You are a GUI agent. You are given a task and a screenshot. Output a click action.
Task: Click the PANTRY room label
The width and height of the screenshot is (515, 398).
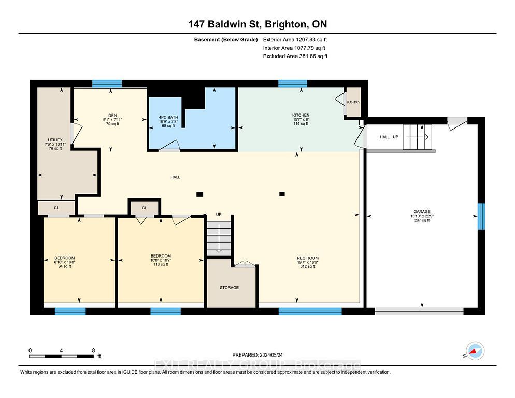353,102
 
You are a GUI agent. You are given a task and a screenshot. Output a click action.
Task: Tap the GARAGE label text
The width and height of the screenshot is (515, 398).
422,211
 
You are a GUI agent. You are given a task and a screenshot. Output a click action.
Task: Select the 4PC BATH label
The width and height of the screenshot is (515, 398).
168,117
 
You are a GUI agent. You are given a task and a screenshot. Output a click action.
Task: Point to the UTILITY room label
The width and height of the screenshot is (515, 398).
55,140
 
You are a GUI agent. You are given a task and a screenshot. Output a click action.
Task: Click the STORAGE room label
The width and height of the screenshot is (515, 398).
229,288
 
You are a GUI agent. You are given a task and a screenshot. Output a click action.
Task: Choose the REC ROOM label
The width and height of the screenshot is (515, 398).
308,258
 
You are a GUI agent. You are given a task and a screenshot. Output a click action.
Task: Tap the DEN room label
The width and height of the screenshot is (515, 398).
112,116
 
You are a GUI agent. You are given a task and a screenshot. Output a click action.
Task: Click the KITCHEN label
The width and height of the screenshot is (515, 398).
301,115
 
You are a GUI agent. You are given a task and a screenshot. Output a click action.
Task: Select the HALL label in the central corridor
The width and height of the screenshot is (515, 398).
176,177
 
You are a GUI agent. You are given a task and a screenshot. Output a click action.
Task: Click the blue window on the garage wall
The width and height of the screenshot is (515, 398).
481,216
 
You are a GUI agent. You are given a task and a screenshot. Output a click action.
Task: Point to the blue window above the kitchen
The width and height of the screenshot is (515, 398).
293,83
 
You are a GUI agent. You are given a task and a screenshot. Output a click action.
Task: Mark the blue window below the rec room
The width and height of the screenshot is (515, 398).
310,311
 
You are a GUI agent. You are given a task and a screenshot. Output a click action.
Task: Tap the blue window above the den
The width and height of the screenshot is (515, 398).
107,83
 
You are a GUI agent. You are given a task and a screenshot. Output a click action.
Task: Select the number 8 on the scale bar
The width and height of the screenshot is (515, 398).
94,350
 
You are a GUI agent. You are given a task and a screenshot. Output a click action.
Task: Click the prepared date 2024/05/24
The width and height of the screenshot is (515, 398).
271,355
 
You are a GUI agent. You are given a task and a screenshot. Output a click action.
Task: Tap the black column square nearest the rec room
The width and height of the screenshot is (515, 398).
282,194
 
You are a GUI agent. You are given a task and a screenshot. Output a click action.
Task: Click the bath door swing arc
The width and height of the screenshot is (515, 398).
171,144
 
